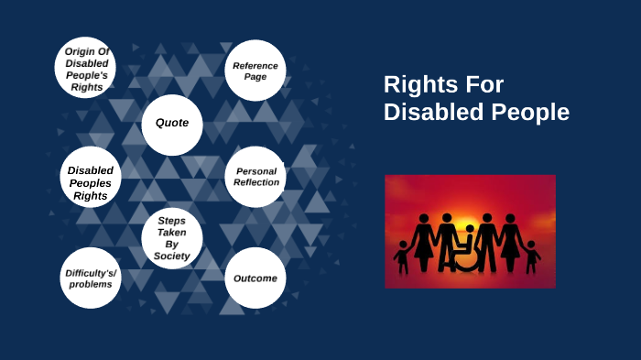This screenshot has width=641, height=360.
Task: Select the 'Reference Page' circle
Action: tap(255, 71)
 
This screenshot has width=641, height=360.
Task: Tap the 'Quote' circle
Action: tap(172, 123)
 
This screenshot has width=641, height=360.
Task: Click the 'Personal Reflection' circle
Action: tap(255, 177)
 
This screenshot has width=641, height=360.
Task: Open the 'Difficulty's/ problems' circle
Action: tap(89, 278)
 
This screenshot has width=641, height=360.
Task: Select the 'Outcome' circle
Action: tap(255, 278)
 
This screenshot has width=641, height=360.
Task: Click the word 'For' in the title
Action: tap(483, 85)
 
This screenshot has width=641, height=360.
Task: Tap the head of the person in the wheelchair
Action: tap(471, 230)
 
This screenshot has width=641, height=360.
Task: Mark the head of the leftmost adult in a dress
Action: tap(424, 219)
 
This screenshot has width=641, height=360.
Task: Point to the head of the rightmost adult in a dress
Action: tap(509, 219)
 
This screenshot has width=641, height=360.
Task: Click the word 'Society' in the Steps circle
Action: tap(172, 256)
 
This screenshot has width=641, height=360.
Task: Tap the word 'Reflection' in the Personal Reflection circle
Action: tap(255, 182)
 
